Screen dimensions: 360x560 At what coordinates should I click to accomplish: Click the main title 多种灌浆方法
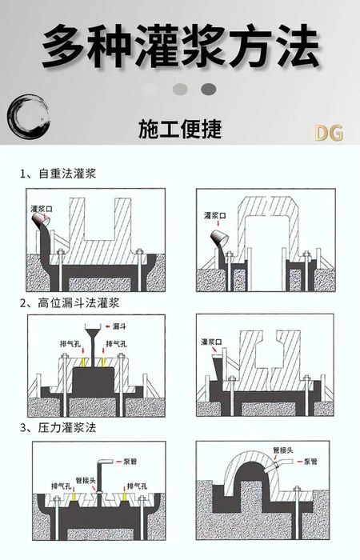180,46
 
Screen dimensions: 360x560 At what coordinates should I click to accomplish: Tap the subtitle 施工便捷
180,129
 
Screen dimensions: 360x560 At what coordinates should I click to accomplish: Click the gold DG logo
329,133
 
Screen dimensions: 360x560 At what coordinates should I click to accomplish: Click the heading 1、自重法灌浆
58,174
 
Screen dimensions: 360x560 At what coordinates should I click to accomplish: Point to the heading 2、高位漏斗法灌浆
70,303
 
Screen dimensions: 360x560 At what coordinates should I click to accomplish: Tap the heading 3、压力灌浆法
58,427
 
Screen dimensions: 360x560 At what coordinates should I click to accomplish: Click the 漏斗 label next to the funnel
119,326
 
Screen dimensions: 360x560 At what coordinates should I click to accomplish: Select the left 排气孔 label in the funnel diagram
70,344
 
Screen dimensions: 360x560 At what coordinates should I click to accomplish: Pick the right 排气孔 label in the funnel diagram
117,344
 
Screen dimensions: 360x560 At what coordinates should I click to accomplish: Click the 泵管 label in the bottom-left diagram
130,462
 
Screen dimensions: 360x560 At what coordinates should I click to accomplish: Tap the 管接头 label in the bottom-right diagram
283,450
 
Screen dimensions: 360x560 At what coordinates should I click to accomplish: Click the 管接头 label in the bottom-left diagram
86,480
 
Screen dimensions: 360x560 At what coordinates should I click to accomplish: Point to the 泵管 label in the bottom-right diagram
310,462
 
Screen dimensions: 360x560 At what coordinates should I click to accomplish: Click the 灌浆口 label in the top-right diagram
215,216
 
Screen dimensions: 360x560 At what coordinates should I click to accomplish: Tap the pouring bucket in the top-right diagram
220,238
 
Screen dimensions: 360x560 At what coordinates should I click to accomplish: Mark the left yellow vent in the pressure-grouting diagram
74,497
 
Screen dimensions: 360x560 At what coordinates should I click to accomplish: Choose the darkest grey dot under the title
209,90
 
